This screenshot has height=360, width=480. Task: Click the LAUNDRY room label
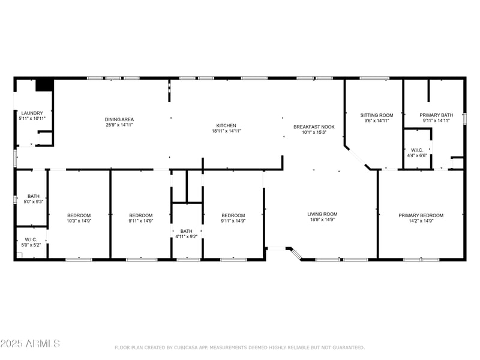coord(32,113)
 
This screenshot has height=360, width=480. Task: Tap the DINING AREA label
coord(119,119)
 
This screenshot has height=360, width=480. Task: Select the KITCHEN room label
coord(226,125)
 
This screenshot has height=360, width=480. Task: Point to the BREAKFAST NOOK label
coord(314,127)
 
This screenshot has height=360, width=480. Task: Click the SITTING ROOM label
coord(376,115)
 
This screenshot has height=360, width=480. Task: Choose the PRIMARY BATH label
coord(436,115)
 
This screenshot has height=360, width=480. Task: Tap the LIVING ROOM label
coord(322,214)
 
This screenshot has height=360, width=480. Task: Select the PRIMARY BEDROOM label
coord(421,215)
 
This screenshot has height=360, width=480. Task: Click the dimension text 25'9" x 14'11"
coord(119,125)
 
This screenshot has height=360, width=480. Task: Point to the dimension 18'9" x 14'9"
coord(322,220)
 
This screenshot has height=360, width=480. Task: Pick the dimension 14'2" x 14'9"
coord(421,221)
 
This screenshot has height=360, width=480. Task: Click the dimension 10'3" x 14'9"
coord(79,221)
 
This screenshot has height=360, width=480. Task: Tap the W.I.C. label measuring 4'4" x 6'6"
coord(416,150)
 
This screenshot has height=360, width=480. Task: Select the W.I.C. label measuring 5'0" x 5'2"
coord(30,239)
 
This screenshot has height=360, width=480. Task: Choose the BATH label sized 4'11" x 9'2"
coord(187,231)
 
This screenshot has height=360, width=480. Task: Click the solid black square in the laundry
coord(44,85)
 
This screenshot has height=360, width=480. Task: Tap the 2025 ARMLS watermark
coord(30,344)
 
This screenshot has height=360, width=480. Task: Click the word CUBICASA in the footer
coord(191,347)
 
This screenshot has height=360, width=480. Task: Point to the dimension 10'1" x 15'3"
coord(314,133)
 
